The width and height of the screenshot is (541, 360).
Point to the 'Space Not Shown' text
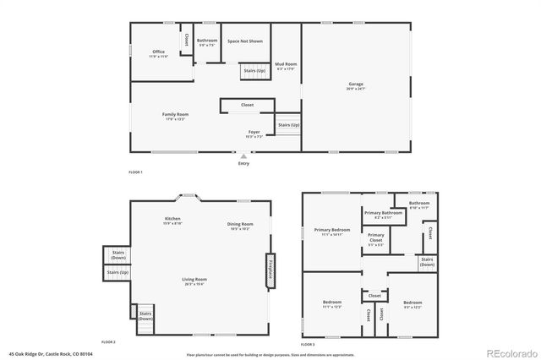tap(243, 40)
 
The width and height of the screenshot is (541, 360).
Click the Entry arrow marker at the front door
tap(243, 156)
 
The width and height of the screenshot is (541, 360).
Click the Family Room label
tap(175, 116)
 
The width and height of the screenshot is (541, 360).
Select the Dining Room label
tap(238, 226)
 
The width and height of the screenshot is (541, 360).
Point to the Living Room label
tap(195, 281)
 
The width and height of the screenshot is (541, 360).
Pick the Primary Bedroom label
tap(332, 232)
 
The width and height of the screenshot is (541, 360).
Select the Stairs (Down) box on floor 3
tap(428, 263)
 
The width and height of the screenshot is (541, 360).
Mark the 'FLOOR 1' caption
tap(135, 172)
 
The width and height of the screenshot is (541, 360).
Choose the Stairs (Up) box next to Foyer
tap(289, 126)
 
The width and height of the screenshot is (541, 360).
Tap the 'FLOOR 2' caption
tap(108, 341)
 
